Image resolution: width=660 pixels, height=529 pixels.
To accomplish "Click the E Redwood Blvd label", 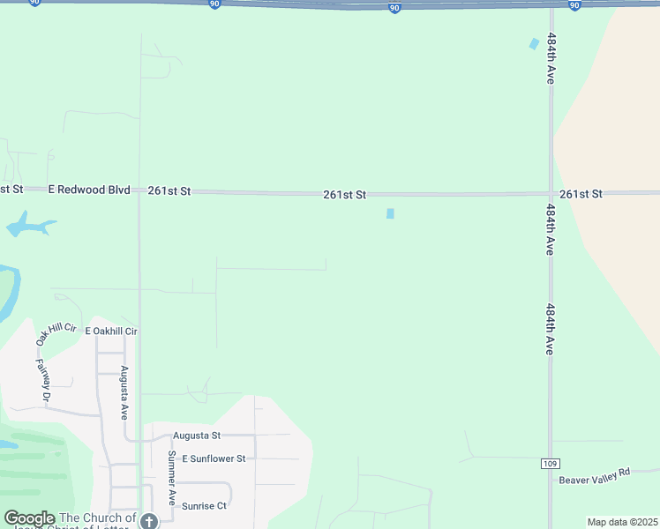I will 89,190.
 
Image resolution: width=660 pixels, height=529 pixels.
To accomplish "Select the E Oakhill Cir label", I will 111,331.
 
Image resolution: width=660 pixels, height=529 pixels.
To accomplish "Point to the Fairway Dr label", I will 42,378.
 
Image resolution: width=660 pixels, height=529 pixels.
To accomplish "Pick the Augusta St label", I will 196,436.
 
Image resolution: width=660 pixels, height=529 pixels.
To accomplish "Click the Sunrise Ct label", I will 204,505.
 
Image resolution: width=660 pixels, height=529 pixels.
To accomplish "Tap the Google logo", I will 29,518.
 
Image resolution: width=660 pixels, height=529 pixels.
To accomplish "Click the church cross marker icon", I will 148,521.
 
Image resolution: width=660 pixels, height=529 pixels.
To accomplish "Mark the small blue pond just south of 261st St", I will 390,213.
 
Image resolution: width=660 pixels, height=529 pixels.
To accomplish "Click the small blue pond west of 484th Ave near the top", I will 533,43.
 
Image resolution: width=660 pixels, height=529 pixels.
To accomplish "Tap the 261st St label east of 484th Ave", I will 581,193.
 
